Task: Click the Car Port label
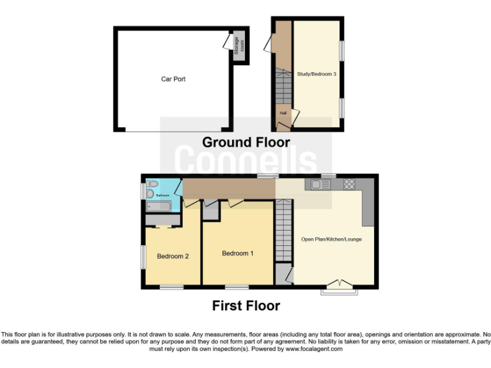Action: (x=173, y=79)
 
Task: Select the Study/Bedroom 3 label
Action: (x=316, y=74)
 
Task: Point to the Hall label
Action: (x=281, y=113)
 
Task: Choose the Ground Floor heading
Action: (x=246, y=142)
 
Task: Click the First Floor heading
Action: (x=246, y=306)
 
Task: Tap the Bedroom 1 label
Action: (x=238, y=254)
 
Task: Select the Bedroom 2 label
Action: (x=173, y=257)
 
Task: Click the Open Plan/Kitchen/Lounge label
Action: (x=331, y=240)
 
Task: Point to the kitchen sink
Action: (x=318, y=185)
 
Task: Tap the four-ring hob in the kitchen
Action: (x=350, y=185)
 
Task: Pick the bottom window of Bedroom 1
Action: (x=237, y=287)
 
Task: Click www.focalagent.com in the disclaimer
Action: (x=314, y=349)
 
